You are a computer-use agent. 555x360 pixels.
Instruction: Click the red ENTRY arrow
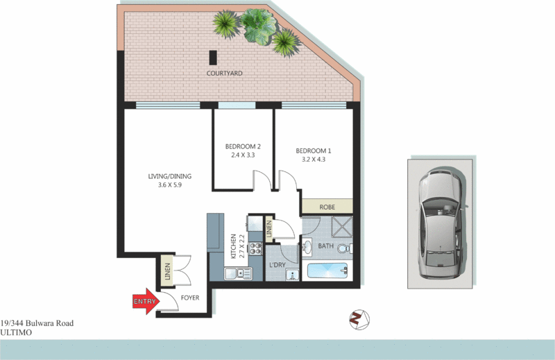(x=144, y=302)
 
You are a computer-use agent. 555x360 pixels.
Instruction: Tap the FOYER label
(x=190, y=298)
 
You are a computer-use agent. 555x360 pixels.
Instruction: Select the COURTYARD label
(x=224, y=73)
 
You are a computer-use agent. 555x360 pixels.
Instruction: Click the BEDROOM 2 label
(x=243, y=146)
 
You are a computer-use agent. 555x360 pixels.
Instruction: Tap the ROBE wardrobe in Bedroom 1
(x=327, y=207)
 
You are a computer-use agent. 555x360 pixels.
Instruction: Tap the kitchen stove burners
(x=255, y=249)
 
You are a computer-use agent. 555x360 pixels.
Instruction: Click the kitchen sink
(x=242, y=273)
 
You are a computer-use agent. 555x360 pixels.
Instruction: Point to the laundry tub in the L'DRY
(x=293, y=275)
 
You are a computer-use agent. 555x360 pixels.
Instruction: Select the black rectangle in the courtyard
(x=213, y=58)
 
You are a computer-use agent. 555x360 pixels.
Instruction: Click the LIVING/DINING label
(x=169, y=176)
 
